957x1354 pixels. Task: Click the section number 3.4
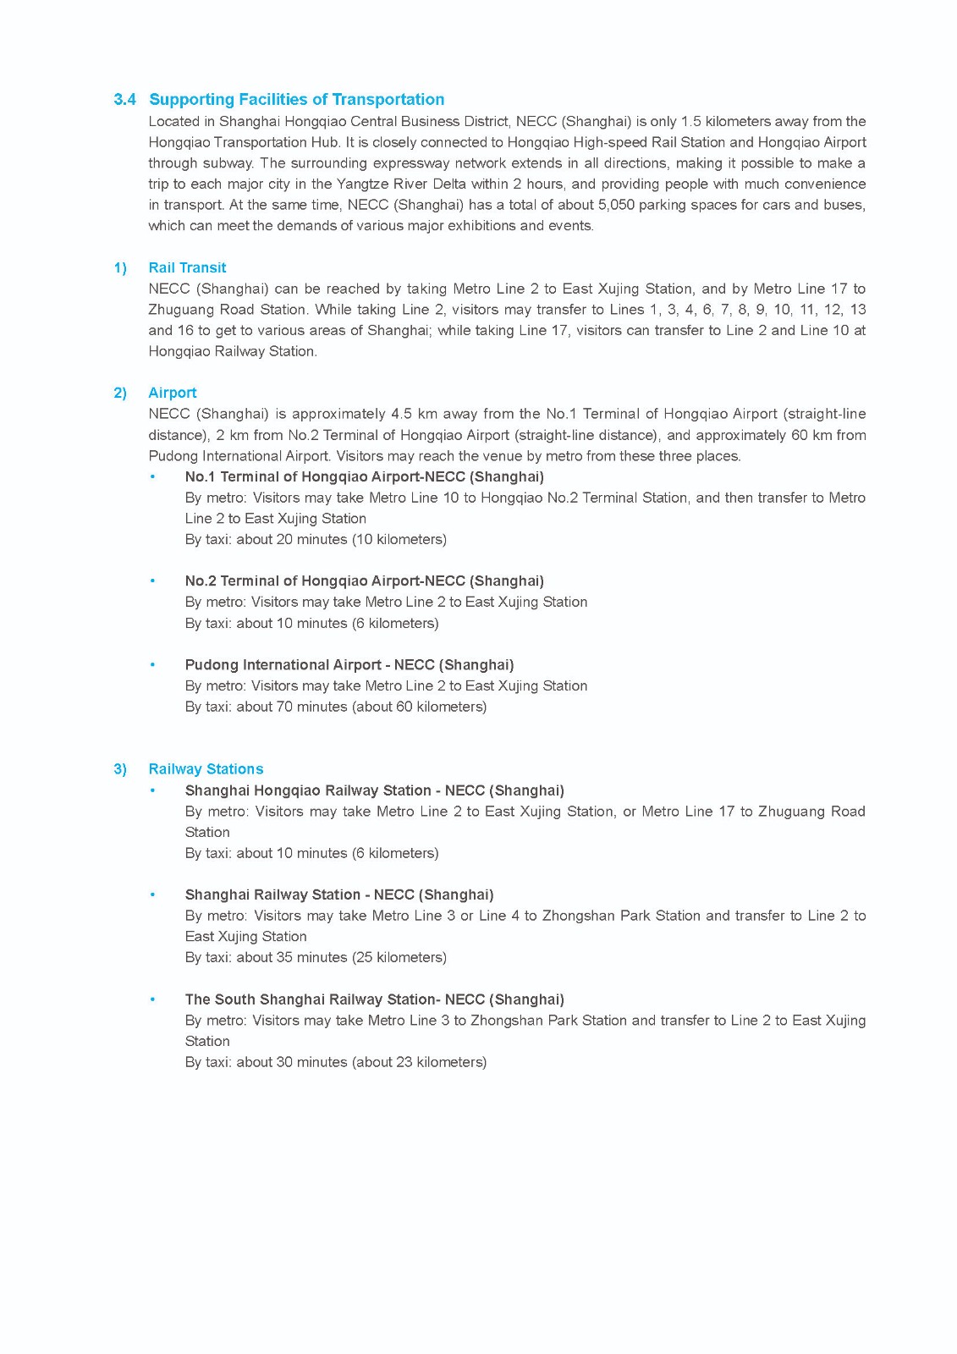click(x=124, y=100)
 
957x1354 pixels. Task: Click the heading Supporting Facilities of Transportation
click(x=296, y=100)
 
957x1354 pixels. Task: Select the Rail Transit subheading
click(x=187, y=267)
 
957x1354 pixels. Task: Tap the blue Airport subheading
click(x=172, y=393)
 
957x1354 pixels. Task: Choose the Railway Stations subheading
click(x=206, y=769)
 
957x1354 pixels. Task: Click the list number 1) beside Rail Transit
click(x=120, y=267)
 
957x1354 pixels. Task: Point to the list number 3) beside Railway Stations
click(x=120, y=769)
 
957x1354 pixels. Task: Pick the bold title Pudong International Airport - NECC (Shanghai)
click(x=349, y=665)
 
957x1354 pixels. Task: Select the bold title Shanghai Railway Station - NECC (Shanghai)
click(x=338, y=894)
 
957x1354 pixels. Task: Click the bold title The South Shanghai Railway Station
click(x=374, y=999)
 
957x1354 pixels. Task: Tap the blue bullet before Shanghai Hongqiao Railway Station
click(x=153, y=790)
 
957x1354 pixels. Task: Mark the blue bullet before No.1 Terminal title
click(x=153, y=476)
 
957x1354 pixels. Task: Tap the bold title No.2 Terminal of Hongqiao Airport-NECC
click(x=364, y=581)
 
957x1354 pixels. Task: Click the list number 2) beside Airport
click(x=120, y=393)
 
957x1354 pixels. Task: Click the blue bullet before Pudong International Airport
click(x=153, y=665)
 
